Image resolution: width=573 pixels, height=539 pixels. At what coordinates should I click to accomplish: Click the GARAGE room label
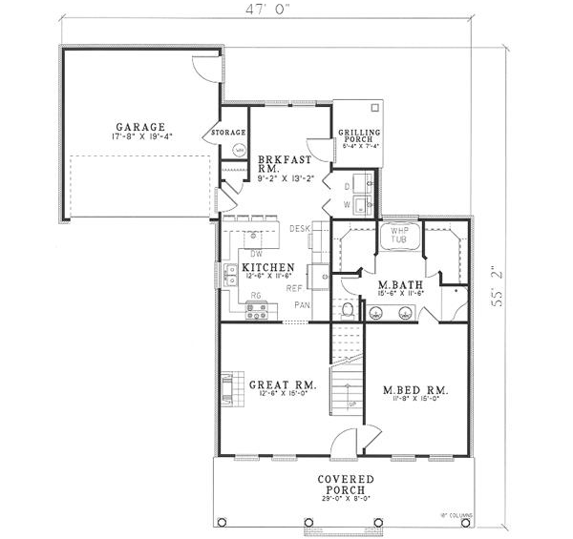[x=141, y=127]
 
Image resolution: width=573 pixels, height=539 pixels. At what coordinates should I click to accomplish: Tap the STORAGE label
[x=229, y=132]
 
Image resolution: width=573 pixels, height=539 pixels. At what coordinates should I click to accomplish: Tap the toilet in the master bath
[x=349, y=310]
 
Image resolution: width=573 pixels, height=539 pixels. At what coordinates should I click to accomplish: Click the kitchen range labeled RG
[x=256, y=310]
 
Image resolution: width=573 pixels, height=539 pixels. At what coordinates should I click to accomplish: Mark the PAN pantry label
[x=302, y=305]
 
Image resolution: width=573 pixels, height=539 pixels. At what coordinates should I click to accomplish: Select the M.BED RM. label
[x=415, y=391]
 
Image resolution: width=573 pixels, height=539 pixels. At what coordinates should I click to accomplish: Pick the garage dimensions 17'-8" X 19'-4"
[x=141, y=137]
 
